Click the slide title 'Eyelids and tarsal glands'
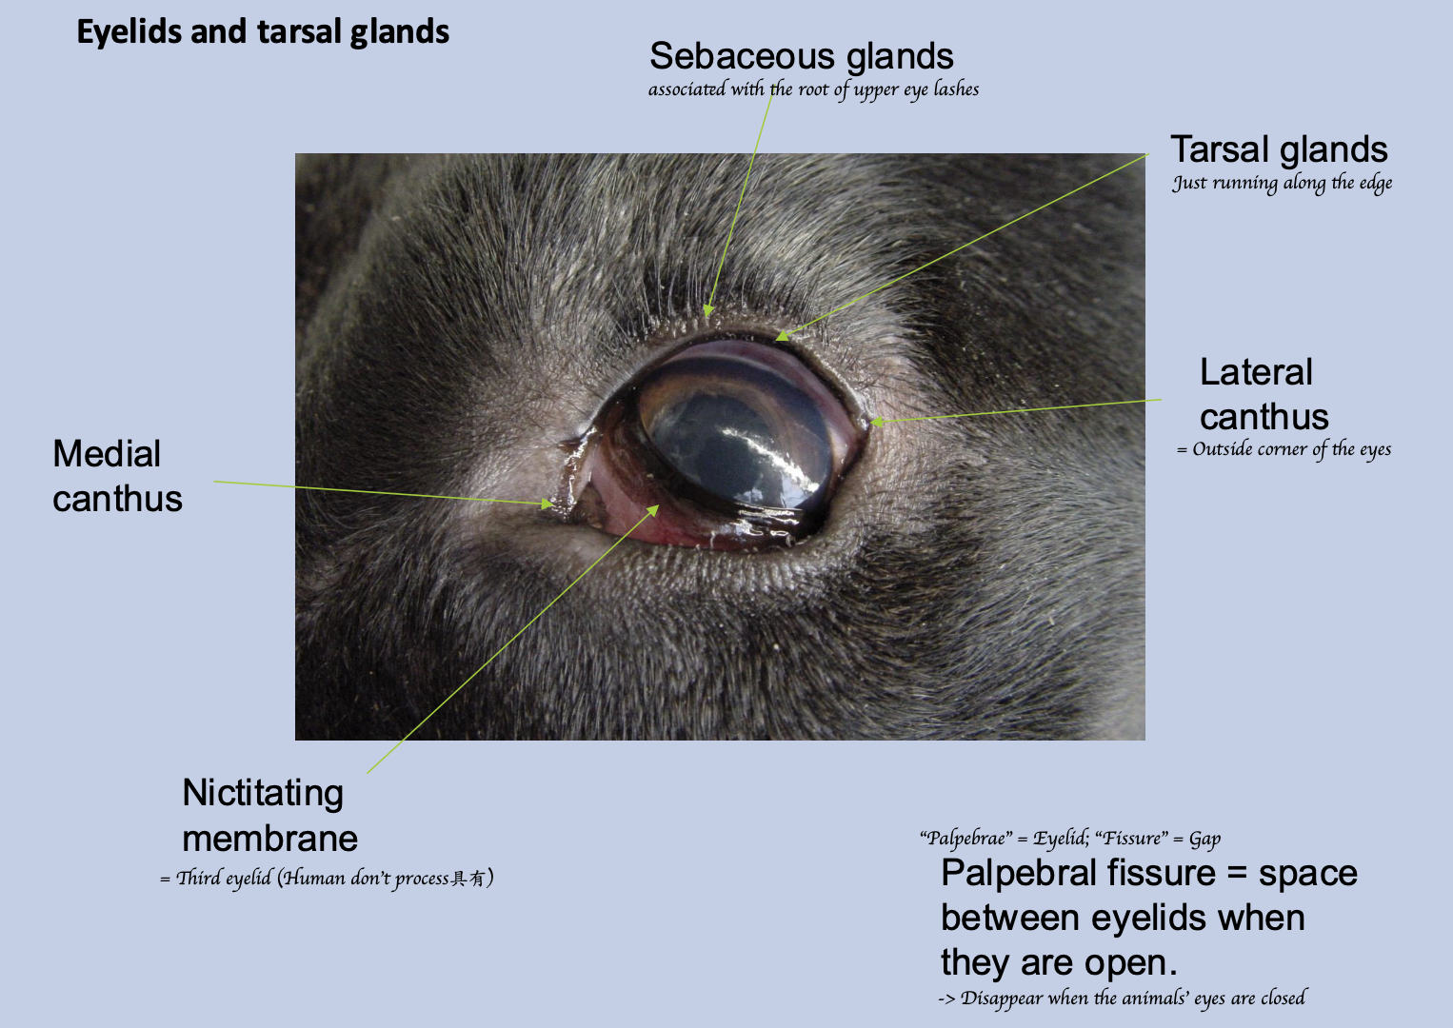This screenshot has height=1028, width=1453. [x=263, y=32]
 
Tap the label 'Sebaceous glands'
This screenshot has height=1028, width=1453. [x=801, y=56]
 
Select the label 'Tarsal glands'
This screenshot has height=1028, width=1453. [x=1279, y=149]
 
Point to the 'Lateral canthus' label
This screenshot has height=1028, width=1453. [x=1264, y=394]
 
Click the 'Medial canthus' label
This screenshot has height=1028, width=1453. [x=117, y=476]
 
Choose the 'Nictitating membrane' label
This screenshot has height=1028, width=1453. [x=269, y=816]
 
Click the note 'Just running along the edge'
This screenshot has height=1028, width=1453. [x=1282, y=184]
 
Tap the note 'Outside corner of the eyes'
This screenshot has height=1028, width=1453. [x=1284, y=449]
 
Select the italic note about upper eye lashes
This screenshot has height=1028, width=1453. [x=813, y=89]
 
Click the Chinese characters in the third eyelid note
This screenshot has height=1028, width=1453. [x=468, y=879]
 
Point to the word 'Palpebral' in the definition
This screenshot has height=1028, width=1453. [x=1013, y=873]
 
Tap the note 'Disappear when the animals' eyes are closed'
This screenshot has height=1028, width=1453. [x=1123, y=998]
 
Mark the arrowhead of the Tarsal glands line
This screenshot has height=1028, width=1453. [x=783, y=335]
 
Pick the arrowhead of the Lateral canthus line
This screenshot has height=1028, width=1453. [x=876, y=422]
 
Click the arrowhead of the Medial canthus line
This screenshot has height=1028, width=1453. [x=547, y=504]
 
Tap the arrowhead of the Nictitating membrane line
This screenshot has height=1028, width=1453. [x=652, y=511]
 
